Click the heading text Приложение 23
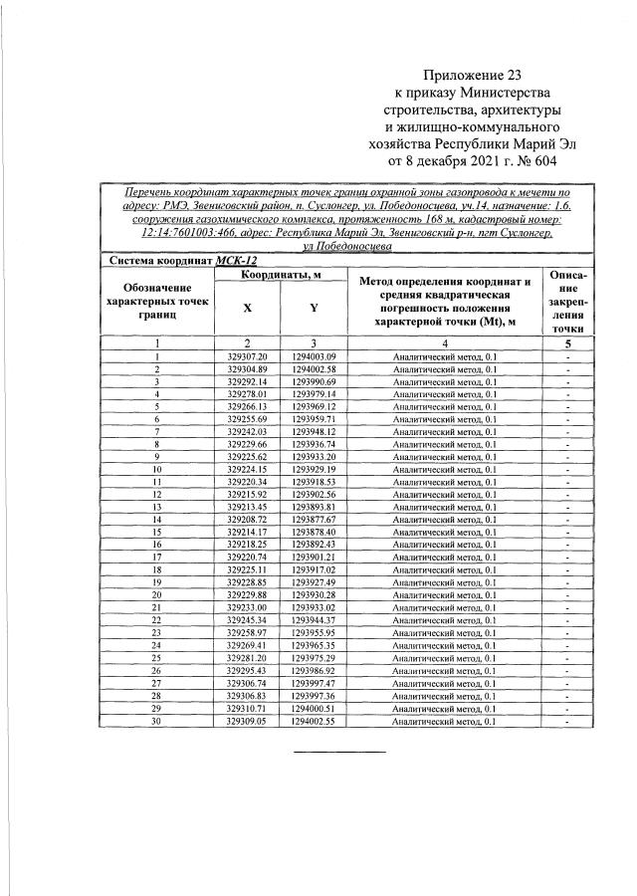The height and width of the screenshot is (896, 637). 472,74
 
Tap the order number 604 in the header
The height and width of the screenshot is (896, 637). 539,158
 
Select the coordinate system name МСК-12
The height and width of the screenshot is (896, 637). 235,259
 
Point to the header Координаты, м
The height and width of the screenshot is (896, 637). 280,275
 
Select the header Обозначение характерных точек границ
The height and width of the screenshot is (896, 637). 157,300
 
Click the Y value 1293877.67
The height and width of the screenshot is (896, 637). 314,520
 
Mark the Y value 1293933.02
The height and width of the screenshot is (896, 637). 314,607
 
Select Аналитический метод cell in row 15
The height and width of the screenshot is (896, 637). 444,533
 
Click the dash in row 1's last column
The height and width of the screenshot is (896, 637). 566,356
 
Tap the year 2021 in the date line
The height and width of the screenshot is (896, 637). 476,158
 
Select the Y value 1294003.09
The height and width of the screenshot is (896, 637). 314,356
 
